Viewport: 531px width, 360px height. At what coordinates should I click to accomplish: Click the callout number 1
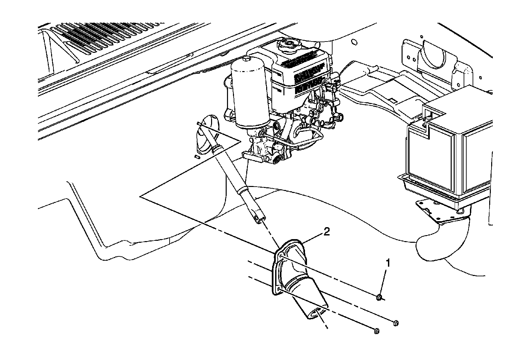pyautogui.click(x=387, y=263)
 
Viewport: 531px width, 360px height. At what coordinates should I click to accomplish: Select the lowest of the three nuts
pyautogui.click(x=376, y=331)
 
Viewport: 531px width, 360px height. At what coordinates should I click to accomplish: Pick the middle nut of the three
pyautogui.click(x=395, y=323)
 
